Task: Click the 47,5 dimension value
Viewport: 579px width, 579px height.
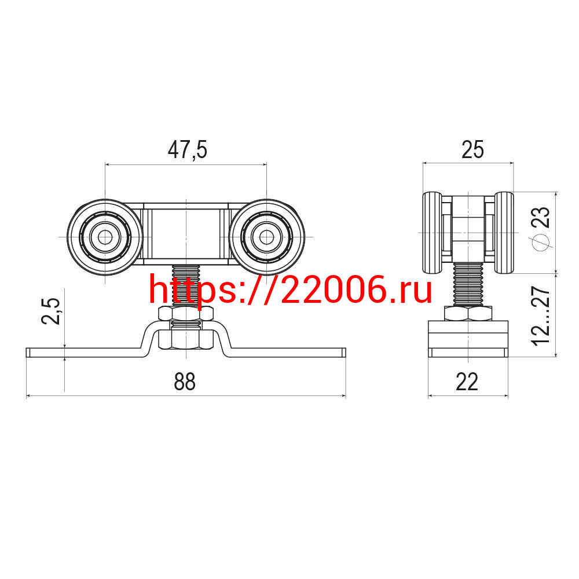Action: (187, 150)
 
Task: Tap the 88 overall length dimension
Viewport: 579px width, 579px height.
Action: (185, 382)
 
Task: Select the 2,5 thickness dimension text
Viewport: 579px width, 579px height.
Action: (50, 311)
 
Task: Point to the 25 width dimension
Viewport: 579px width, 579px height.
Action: (472, 150)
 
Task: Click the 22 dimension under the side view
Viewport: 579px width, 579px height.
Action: (467, 382)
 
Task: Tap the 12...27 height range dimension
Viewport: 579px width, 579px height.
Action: (541, 316)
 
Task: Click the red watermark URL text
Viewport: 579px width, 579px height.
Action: (290, 290)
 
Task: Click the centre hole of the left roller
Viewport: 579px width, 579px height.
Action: (105, 237)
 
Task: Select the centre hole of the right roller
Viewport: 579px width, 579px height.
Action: (266, 237)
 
